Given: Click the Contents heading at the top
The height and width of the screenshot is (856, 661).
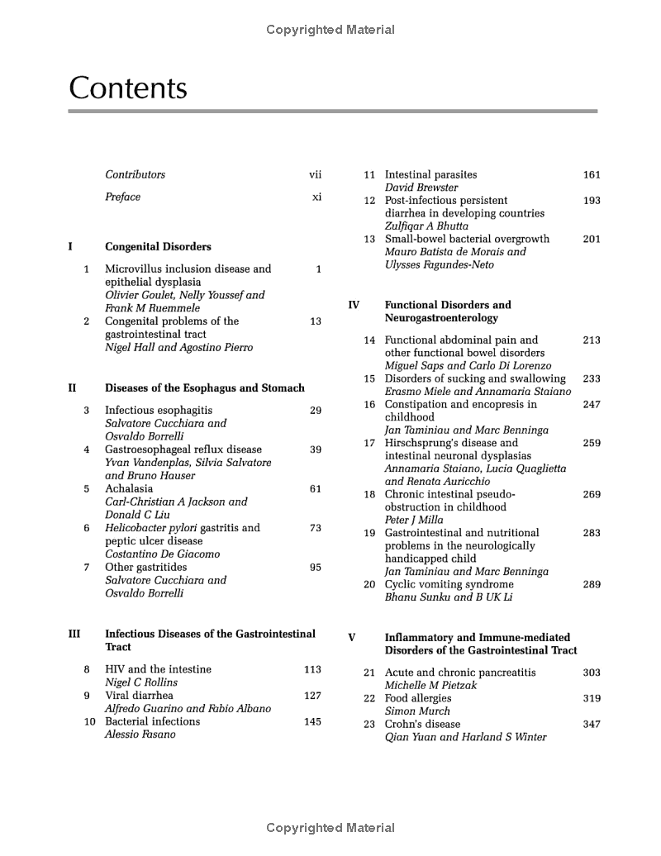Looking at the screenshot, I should pyautogui.click(x=128, y=88).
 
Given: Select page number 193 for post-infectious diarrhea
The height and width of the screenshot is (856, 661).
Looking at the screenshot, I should pyautogui.click(x=591, y=201).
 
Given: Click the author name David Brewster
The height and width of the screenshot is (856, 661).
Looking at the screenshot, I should pyautogui.click(x=421, y=188).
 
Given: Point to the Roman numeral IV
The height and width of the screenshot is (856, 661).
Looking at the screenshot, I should pyautogui.click(x=354, y=305).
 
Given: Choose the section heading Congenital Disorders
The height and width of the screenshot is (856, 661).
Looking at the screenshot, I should pyautogui.click(x=158, y=247).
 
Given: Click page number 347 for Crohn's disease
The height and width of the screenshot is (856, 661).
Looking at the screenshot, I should pyautogui.click(x=591, y=725).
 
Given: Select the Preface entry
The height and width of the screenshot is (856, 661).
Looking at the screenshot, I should pyautogui.click(x=122, y=197).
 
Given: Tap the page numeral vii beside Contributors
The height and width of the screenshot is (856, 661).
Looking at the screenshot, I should pyautogui.click(x=315, y=175).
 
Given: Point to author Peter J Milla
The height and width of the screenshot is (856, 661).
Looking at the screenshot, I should pyautogui.click(x=414, y=521).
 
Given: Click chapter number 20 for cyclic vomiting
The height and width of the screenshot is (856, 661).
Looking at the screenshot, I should pyautogui.click(x=369, y=585).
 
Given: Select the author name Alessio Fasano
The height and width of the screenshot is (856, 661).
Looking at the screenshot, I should pyautogui.click(x=140, y=735).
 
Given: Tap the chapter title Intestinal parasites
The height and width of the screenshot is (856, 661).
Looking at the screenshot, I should pyautogui.click(x=430, y=175).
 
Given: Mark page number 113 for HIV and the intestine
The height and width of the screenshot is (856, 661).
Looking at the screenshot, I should pyautogui.click(x=312, y=670).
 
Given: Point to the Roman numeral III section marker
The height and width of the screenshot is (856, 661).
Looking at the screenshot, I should pyautogui.click(x=74, y=635).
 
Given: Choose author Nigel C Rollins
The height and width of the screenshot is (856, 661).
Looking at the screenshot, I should pyautogui.click(x=141, y=683).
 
